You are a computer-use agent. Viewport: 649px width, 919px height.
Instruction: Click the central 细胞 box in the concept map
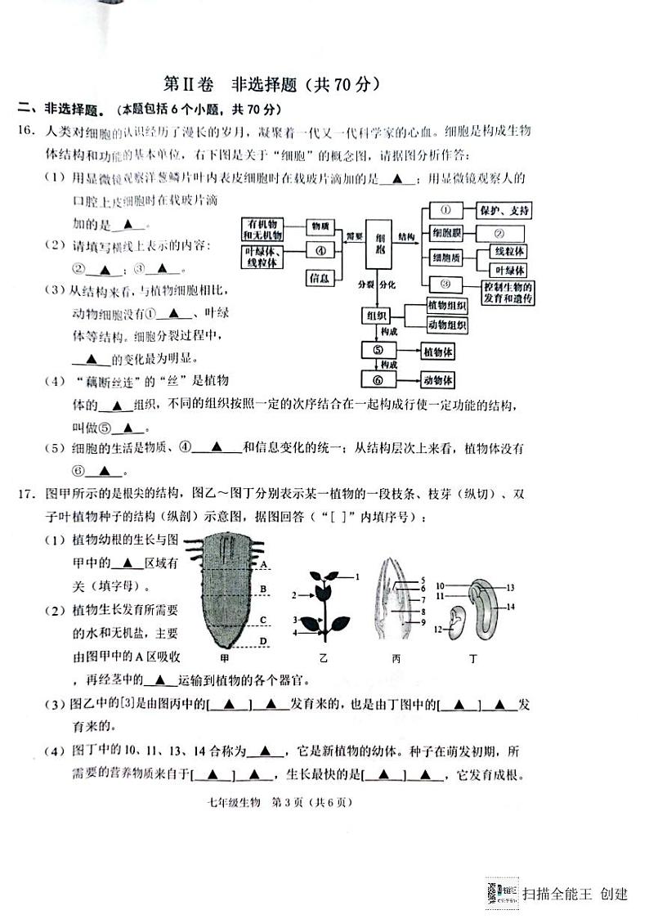tap(379, 243)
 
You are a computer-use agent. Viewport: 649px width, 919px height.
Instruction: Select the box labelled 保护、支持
tap(505, 211)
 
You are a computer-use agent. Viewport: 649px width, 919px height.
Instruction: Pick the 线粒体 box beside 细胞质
tap(508, 252)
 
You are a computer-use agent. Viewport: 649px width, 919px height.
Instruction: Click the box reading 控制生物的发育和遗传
tap(508, 292)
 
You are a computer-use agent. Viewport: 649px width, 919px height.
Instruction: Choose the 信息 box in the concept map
tap(320, 279)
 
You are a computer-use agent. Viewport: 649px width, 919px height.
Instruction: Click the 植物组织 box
tap(446, 306)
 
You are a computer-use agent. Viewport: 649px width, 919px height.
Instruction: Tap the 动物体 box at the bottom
tap(438, 380)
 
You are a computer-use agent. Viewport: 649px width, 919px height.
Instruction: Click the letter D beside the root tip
tap(263, 640)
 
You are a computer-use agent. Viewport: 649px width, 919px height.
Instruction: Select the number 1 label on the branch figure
tap(357, 577)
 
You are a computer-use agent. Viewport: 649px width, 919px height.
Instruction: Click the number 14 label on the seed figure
tap(510, 606)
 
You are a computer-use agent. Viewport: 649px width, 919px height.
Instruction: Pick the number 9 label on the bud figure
tap(423, 622)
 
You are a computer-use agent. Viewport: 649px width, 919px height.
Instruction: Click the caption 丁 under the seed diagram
tap(474, 657)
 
